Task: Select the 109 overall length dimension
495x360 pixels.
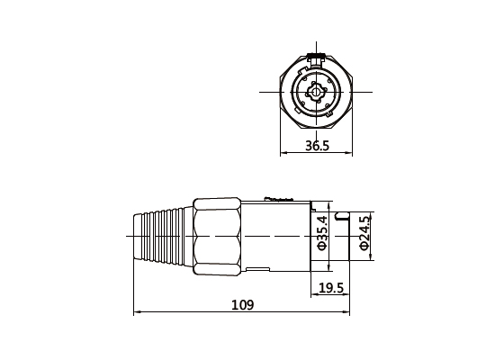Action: click(242, 305)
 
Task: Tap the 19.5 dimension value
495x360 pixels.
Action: click(331, 288)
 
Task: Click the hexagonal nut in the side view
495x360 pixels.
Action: click(216, 236)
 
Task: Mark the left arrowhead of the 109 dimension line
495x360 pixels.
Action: click(137, 313)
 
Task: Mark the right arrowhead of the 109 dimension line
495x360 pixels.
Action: click(347, 313)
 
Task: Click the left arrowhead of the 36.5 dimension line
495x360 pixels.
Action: click(285, 152)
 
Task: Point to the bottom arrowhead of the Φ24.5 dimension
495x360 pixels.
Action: click(372, 257)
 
